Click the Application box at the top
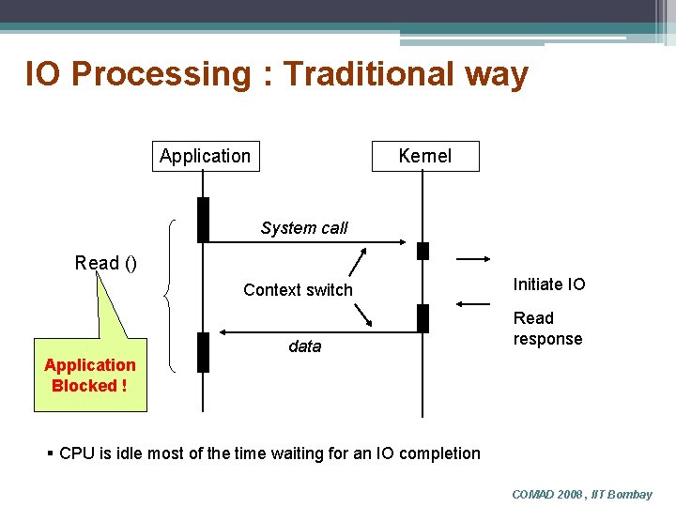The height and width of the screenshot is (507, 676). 206,156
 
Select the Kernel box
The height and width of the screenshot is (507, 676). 425,156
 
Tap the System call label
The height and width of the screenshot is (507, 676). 304,228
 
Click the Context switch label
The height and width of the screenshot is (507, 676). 298,290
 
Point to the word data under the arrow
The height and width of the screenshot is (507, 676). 304,346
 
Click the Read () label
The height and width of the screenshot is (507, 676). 106,263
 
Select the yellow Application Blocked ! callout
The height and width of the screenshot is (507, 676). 90,376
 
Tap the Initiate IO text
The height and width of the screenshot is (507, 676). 549,284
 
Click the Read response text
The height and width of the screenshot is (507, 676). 547,329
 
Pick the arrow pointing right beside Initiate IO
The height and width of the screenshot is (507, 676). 473,257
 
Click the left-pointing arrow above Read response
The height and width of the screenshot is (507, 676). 473,303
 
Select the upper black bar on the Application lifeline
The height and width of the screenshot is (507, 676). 203,220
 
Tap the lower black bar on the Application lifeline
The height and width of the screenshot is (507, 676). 203,352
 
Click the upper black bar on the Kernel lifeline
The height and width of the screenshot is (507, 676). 422,251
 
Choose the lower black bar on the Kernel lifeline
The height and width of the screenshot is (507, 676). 422,318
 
